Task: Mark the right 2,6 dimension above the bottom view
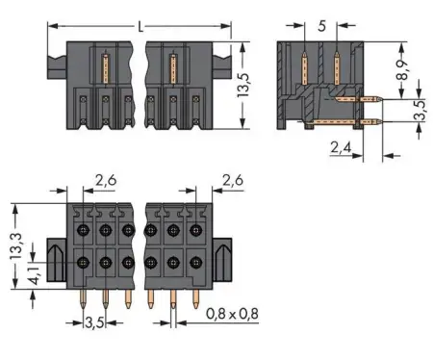coord(232,177)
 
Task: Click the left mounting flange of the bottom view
coord(57,259)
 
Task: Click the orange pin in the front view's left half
coord(105,69)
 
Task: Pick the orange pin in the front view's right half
coord(173,69)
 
